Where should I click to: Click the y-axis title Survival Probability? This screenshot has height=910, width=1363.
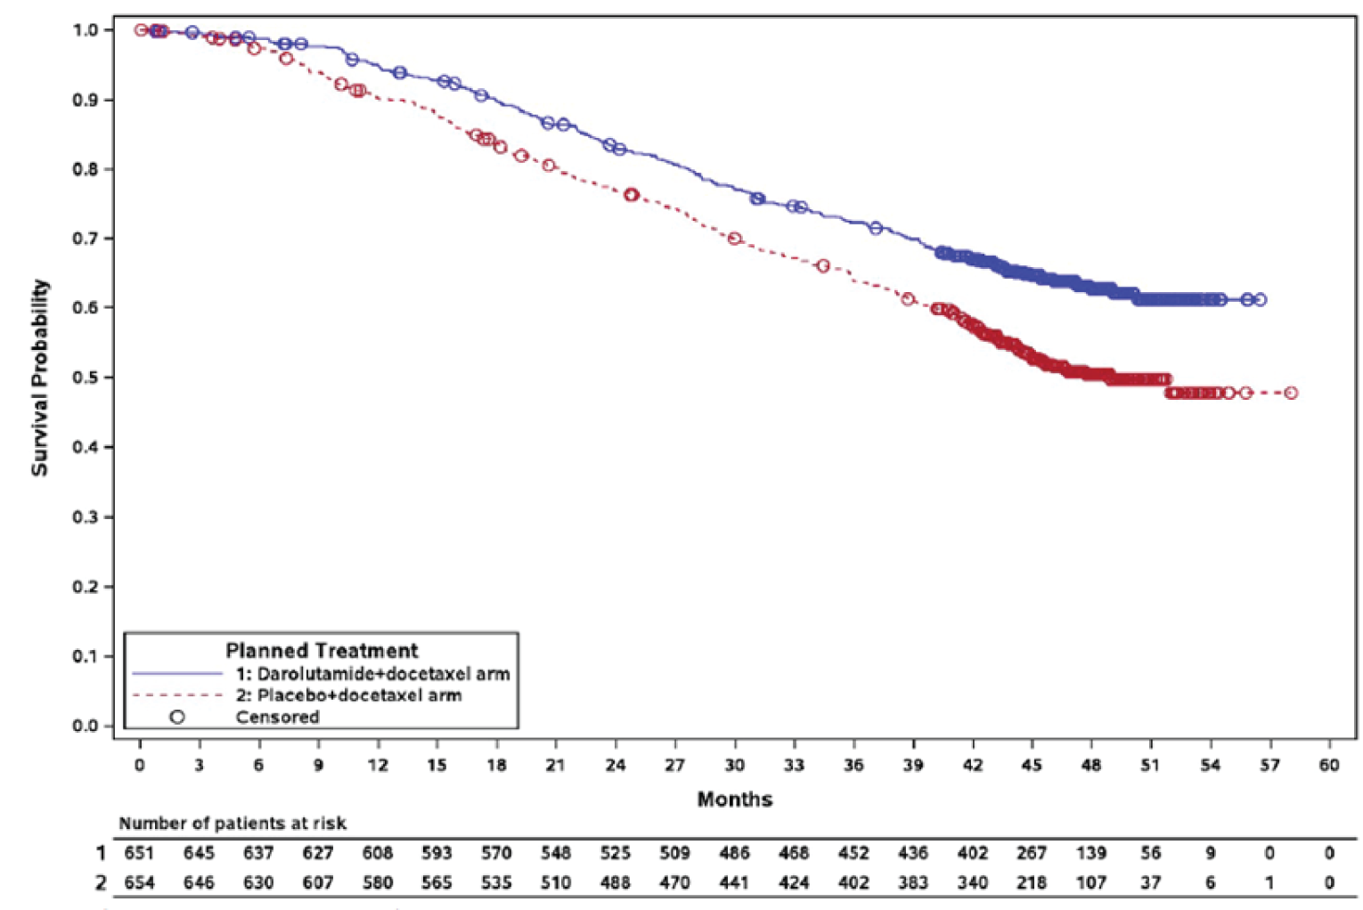point(40,378)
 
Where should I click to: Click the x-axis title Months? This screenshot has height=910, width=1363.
point(734,799)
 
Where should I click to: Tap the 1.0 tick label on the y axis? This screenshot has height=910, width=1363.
point(86,30)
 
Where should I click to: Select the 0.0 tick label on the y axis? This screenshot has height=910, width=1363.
point(86,726)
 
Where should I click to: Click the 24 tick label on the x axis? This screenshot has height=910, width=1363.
point(616,765)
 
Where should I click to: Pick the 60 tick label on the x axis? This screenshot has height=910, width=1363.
point(1329,765)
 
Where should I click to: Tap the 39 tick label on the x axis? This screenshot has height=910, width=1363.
point(913,765)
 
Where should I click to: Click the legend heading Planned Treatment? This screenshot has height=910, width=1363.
point(322,650)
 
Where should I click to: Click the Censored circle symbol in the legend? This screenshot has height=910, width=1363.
point(177,717)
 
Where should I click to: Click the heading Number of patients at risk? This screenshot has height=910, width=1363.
point(233,824)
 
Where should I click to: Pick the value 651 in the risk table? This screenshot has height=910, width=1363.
point(139,853)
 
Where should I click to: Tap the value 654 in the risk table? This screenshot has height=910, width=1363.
point(139,882)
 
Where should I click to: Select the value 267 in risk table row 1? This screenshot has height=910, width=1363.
point(1032,853)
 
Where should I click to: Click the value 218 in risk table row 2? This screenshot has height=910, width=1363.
point(1032,882)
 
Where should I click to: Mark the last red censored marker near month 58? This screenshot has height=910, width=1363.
point(1291,393)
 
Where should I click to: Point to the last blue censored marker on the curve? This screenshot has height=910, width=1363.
point(1260,300)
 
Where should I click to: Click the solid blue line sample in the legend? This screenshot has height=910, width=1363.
point(177,673)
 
